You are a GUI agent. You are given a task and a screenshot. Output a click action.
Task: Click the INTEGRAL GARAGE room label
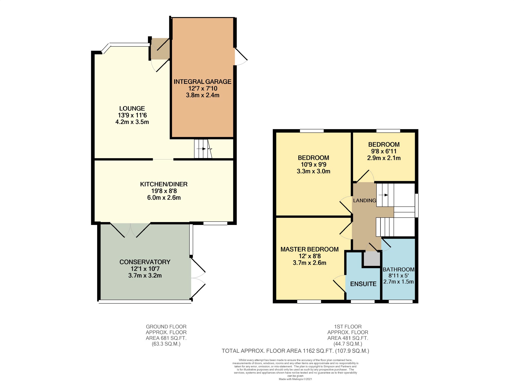(x=202, y=82)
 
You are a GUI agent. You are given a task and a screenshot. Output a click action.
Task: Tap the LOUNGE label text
(x=132, y=109)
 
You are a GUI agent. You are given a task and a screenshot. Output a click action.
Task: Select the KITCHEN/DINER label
(x=164, y=184)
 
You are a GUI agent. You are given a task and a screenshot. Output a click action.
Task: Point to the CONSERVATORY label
(x=145, y=262)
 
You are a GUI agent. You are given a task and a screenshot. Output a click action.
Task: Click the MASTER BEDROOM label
(x=309, y=249)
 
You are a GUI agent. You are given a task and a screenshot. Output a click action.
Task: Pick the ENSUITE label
(x=363, y=284)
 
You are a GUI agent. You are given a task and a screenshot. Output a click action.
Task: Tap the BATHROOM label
(x=399, y=269)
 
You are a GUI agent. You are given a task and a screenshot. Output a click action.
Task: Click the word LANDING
(x=364, y=200)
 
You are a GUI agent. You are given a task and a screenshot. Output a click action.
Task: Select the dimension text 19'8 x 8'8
(x=164, y=191)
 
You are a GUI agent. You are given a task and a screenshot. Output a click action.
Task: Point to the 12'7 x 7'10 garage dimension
(x=203, y=88)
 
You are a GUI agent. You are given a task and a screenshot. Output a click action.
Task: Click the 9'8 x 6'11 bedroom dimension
(x=384, y=151)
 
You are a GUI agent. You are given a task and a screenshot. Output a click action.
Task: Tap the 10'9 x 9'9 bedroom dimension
(x=313, y=164)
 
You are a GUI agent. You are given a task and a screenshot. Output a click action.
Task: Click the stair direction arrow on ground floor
(x=201, y=149)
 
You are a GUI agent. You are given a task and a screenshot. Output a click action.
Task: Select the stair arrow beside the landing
(x=383, y=195)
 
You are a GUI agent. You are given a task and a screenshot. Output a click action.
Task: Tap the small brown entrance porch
(x=160, y=49)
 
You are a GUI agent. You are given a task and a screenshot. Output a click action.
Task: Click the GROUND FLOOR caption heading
(x=166, y=327)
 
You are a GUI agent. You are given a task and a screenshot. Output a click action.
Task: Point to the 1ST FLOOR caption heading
(x=348, y=327)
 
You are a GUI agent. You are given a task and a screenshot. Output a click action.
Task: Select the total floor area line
(x=295, y=351)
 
